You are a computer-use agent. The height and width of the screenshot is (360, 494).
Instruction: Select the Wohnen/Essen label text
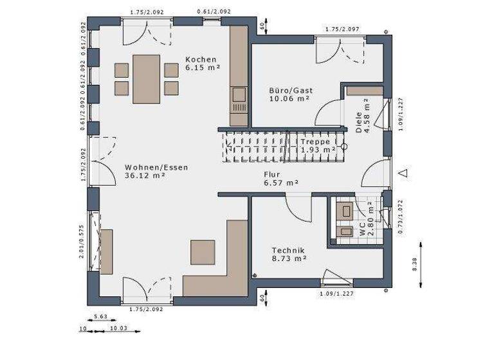(148, 167)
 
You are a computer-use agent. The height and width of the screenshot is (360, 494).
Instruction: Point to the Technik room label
(288, 250)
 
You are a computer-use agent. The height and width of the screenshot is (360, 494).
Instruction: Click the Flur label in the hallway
(273, 174)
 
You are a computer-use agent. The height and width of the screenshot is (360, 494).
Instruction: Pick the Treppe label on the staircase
(315, 141)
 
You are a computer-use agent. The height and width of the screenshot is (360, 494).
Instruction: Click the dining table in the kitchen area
(147, 78)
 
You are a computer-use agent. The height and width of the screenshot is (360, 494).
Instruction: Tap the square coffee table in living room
(203, 252)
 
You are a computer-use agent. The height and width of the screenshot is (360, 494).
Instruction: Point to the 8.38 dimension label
(415, 264)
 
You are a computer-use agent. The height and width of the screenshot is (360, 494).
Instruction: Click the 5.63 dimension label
(100, 316)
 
